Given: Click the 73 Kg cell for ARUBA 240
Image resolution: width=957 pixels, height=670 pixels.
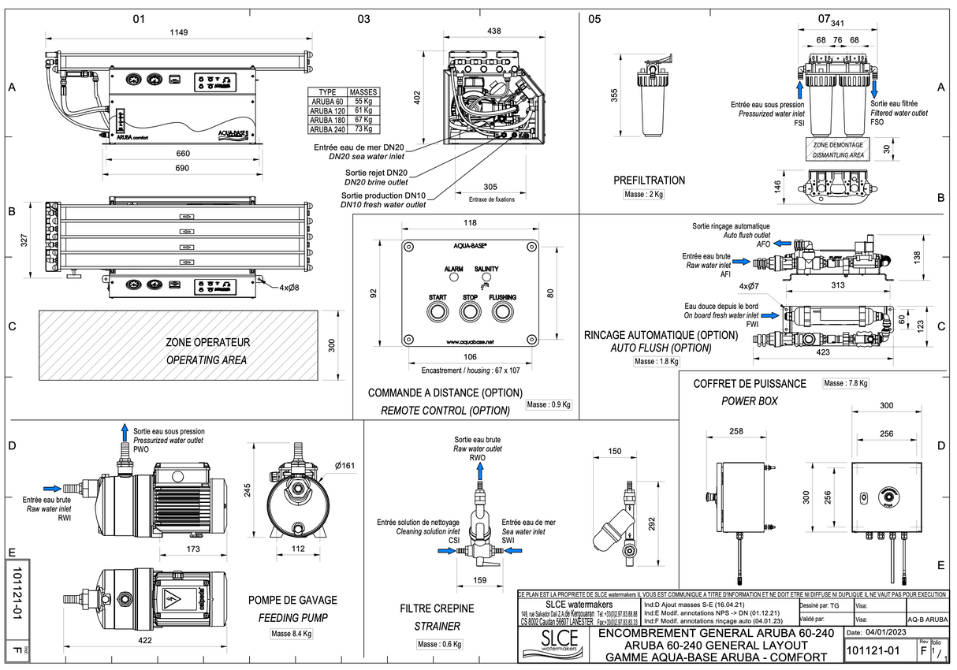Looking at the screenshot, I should coord(363,129).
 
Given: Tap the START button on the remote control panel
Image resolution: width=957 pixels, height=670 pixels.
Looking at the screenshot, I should coord(438,312).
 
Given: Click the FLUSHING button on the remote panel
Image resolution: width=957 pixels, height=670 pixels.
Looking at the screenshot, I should coord(502,312).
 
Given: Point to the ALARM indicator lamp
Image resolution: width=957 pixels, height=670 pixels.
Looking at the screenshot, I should coord(453,278).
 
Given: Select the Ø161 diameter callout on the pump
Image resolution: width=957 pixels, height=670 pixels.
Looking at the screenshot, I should coord(344,466).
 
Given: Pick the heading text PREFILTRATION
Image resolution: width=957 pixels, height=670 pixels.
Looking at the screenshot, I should coord(649,181).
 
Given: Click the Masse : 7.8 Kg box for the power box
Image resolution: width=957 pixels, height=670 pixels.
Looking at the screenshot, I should coord(845,383).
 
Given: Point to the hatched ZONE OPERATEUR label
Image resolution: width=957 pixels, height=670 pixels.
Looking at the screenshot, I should coord(207,343).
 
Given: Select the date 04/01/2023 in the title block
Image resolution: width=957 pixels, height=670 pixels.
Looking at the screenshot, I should coord(887,633).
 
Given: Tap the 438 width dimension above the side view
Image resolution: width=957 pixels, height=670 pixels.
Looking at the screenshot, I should coord(494,32).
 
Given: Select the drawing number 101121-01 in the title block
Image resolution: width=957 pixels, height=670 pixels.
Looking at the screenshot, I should coord(871,651).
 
